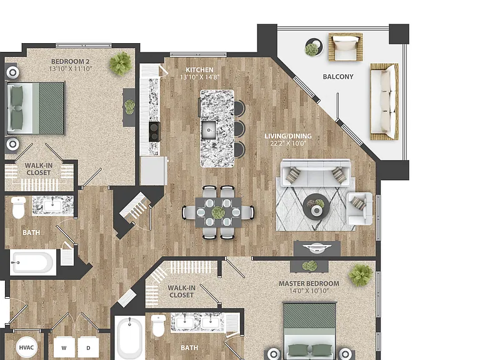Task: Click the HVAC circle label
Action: [x=26, y=347]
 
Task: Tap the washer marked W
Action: [x=64, y=348]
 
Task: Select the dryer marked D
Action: [x=89, y=348]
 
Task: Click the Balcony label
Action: [x=338, y=76]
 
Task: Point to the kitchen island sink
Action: [x=209, y=130]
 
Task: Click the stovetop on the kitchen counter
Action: [x=154, y=132]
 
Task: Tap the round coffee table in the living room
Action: [x=316, y=207]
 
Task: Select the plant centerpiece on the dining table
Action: [x=218, y=212]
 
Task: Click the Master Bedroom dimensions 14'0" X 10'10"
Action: [x=309, y=291]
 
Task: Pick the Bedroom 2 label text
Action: [x=70, y=61]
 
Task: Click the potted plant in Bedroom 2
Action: [x=121, y=64]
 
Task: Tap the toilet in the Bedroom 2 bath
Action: [x=18, y=207]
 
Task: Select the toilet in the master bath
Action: [x=158, y=326]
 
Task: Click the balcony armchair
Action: [x=346, y=47]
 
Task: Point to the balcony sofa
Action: [x=384, y=102]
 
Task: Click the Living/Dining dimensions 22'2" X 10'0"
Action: [x=288, y=143]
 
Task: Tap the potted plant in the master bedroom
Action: [x=361, y=274]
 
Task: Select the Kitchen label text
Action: [x=199, y=70]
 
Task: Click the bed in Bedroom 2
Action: [x=36, y=108]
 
